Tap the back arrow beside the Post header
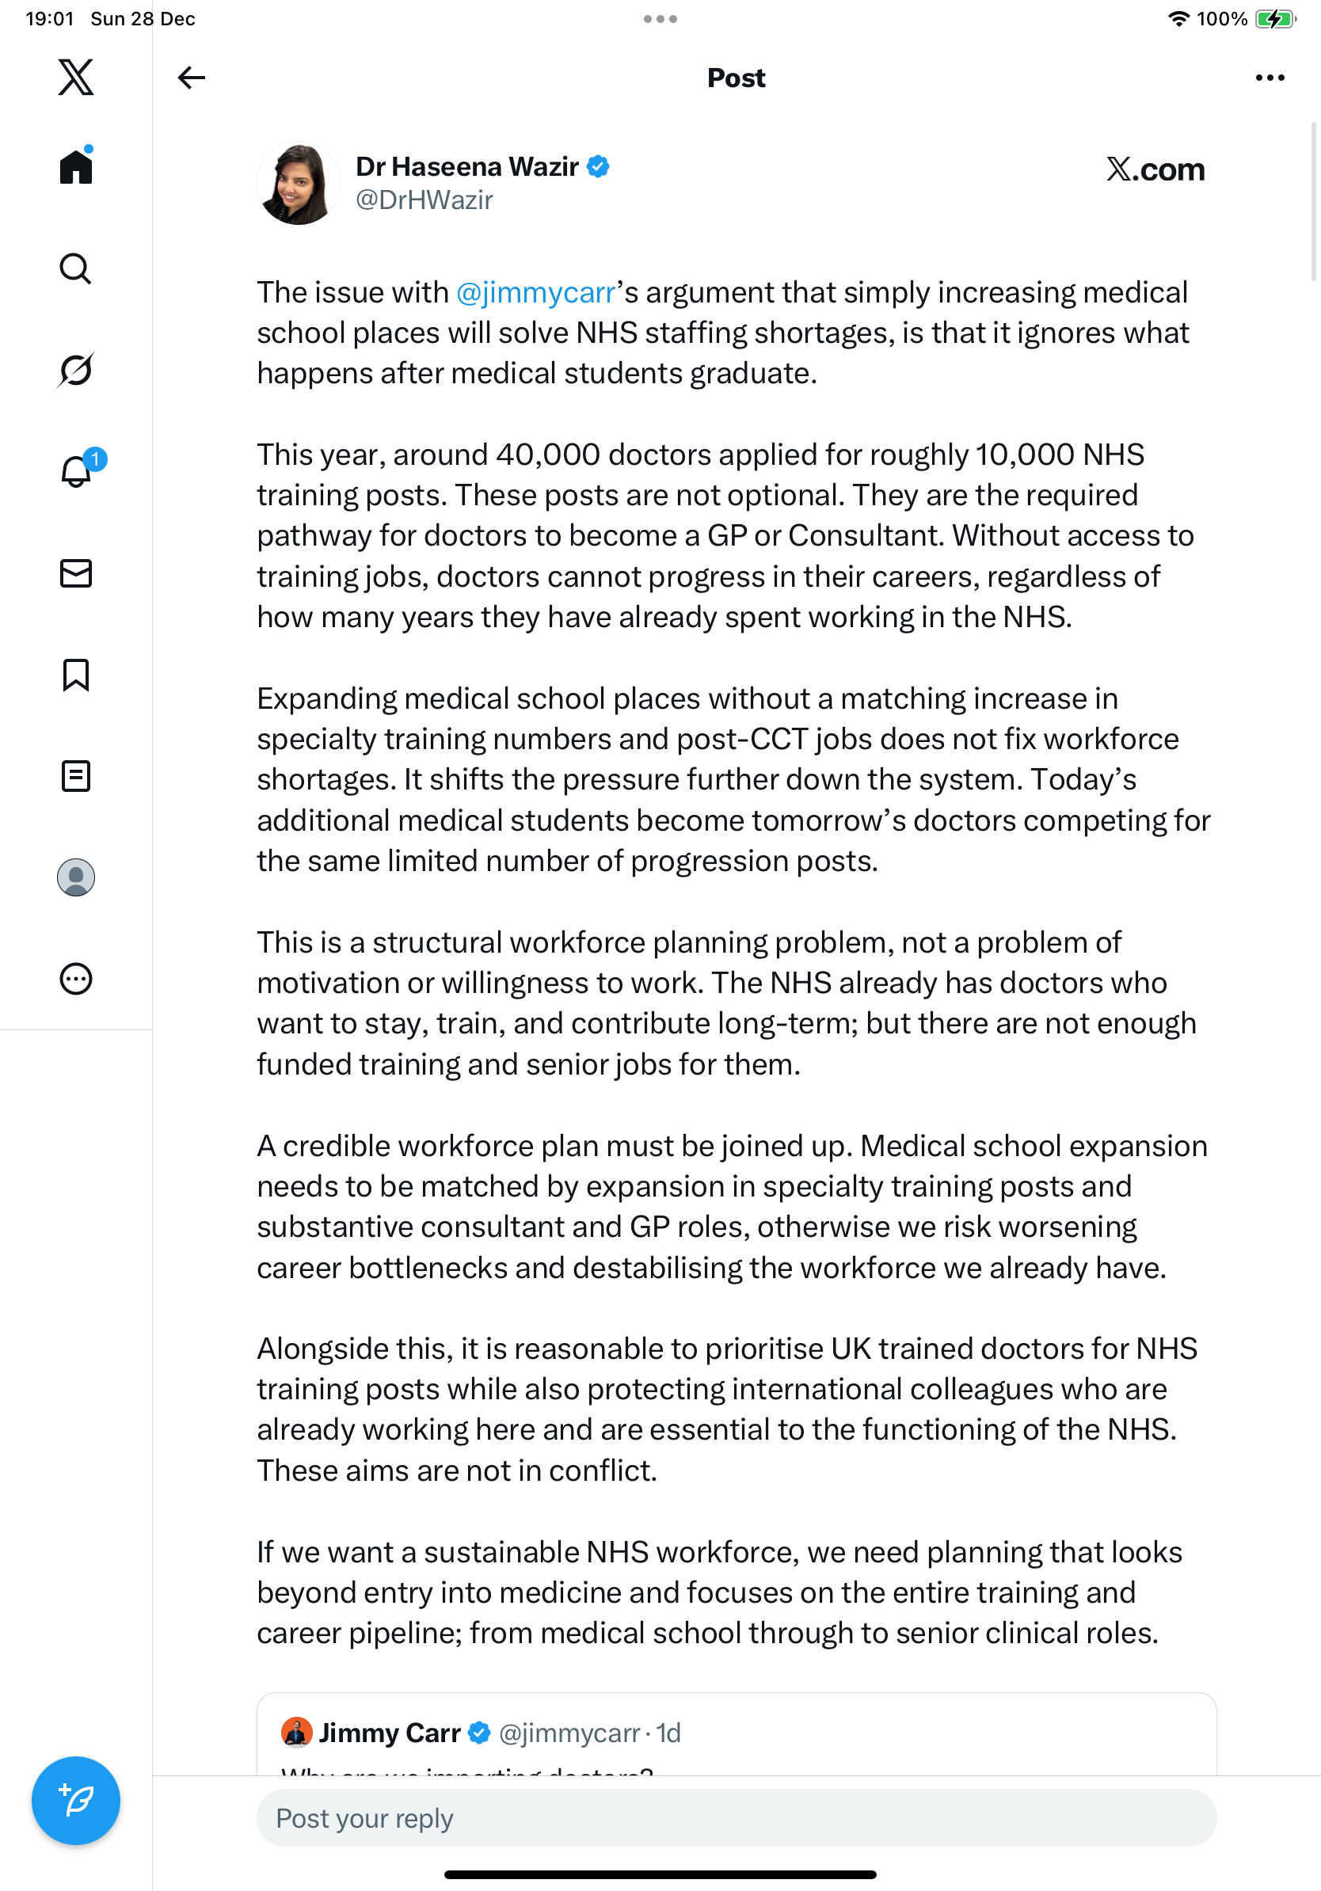coord(191,78)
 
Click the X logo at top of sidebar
coord(76,78)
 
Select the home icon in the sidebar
coord(76,166)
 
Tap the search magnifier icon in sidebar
coord(76,268)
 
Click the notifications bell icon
coord(76,471)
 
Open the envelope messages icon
coord(76,573)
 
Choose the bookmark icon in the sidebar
coord(76,675)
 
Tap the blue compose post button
coord(76,1801)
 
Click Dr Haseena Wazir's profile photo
coord(298,183)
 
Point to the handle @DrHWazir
coord(424,200)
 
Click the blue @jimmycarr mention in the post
coord(536,292)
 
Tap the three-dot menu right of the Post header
coord(1269,78)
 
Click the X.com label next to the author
coord(1155,169)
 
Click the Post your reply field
coord(736,1817)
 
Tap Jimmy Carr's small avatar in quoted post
coord(296,1732)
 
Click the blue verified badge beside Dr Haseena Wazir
coord(599,166)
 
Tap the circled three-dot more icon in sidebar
coord(76,980)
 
